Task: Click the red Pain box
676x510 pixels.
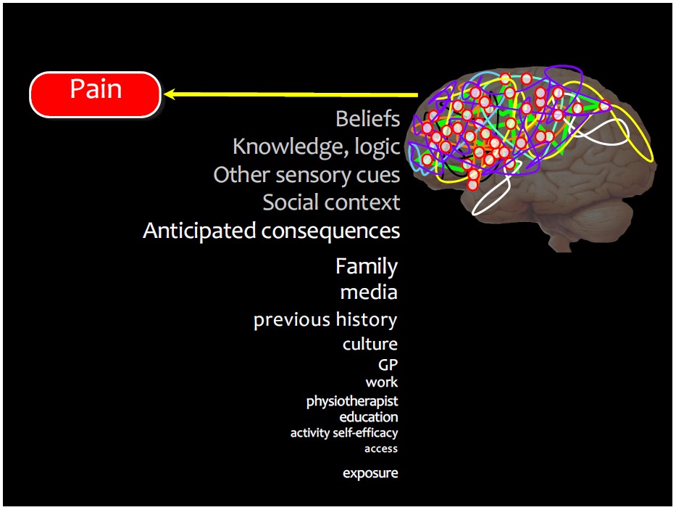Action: (x=94, y=94)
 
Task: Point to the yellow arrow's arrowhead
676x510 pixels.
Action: (x=170, y=94)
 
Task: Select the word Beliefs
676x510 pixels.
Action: (x=367, y=119)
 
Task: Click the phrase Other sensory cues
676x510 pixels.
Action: (x=306, y=175)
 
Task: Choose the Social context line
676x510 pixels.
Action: (x=331, y=202)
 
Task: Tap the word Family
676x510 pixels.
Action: (x=367, y=267)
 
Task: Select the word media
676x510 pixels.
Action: (x=369, y=292)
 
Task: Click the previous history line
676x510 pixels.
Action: (x=325, y=320)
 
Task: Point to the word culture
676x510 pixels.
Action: (x=370, y=344)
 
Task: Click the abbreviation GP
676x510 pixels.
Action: (x=388, y=364)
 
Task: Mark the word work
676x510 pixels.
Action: (x=382, y=382)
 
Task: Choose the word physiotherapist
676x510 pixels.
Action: (x=352, y=401)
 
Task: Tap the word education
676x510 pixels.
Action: (x=369, y=417)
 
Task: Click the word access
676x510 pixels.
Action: (x=381, y=448)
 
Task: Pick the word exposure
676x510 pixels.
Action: (x=370, y=473)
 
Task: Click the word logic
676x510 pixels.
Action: (x=377, y=147)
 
